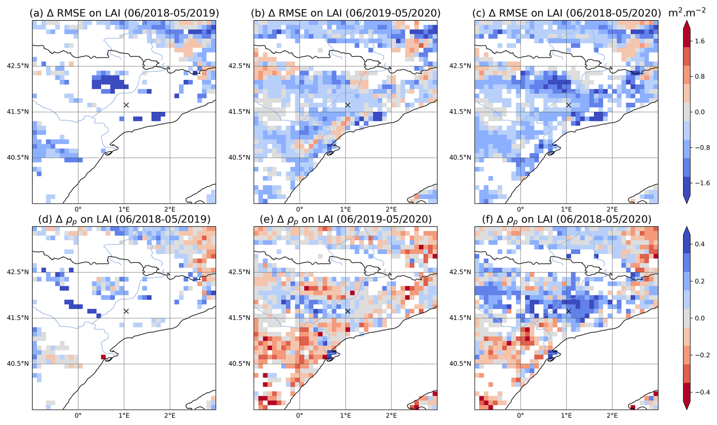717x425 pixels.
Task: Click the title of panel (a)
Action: click(124, 13)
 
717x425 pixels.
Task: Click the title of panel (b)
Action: click(346, 13)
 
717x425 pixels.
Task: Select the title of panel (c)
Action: click(567, 13)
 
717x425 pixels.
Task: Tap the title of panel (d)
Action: click(124, 219)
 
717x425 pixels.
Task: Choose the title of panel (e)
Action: click(346, 219)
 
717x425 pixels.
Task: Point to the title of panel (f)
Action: click(567, 219)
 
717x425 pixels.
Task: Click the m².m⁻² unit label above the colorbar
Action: click(687, 12)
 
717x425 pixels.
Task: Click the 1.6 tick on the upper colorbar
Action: click(700, 41)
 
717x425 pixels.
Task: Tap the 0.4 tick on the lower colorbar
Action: click(700, 244)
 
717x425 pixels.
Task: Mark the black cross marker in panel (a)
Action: click(126, 105)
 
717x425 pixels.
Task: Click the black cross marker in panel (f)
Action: click(568, 311)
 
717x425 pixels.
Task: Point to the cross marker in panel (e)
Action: click(348, 311)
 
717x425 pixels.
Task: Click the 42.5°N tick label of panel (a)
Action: click(18, 66)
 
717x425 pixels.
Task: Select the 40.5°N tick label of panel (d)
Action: click(18, 364)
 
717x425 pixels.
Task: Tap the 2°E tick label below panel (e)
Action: click(391, 415)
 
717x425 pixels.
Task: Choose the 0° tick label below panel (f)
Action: click(520, 415)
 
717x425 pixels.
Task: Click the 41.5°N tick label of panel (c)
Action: click(460, 112)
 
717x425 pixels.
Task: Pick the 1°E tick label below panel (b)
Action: click(345, 209)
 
